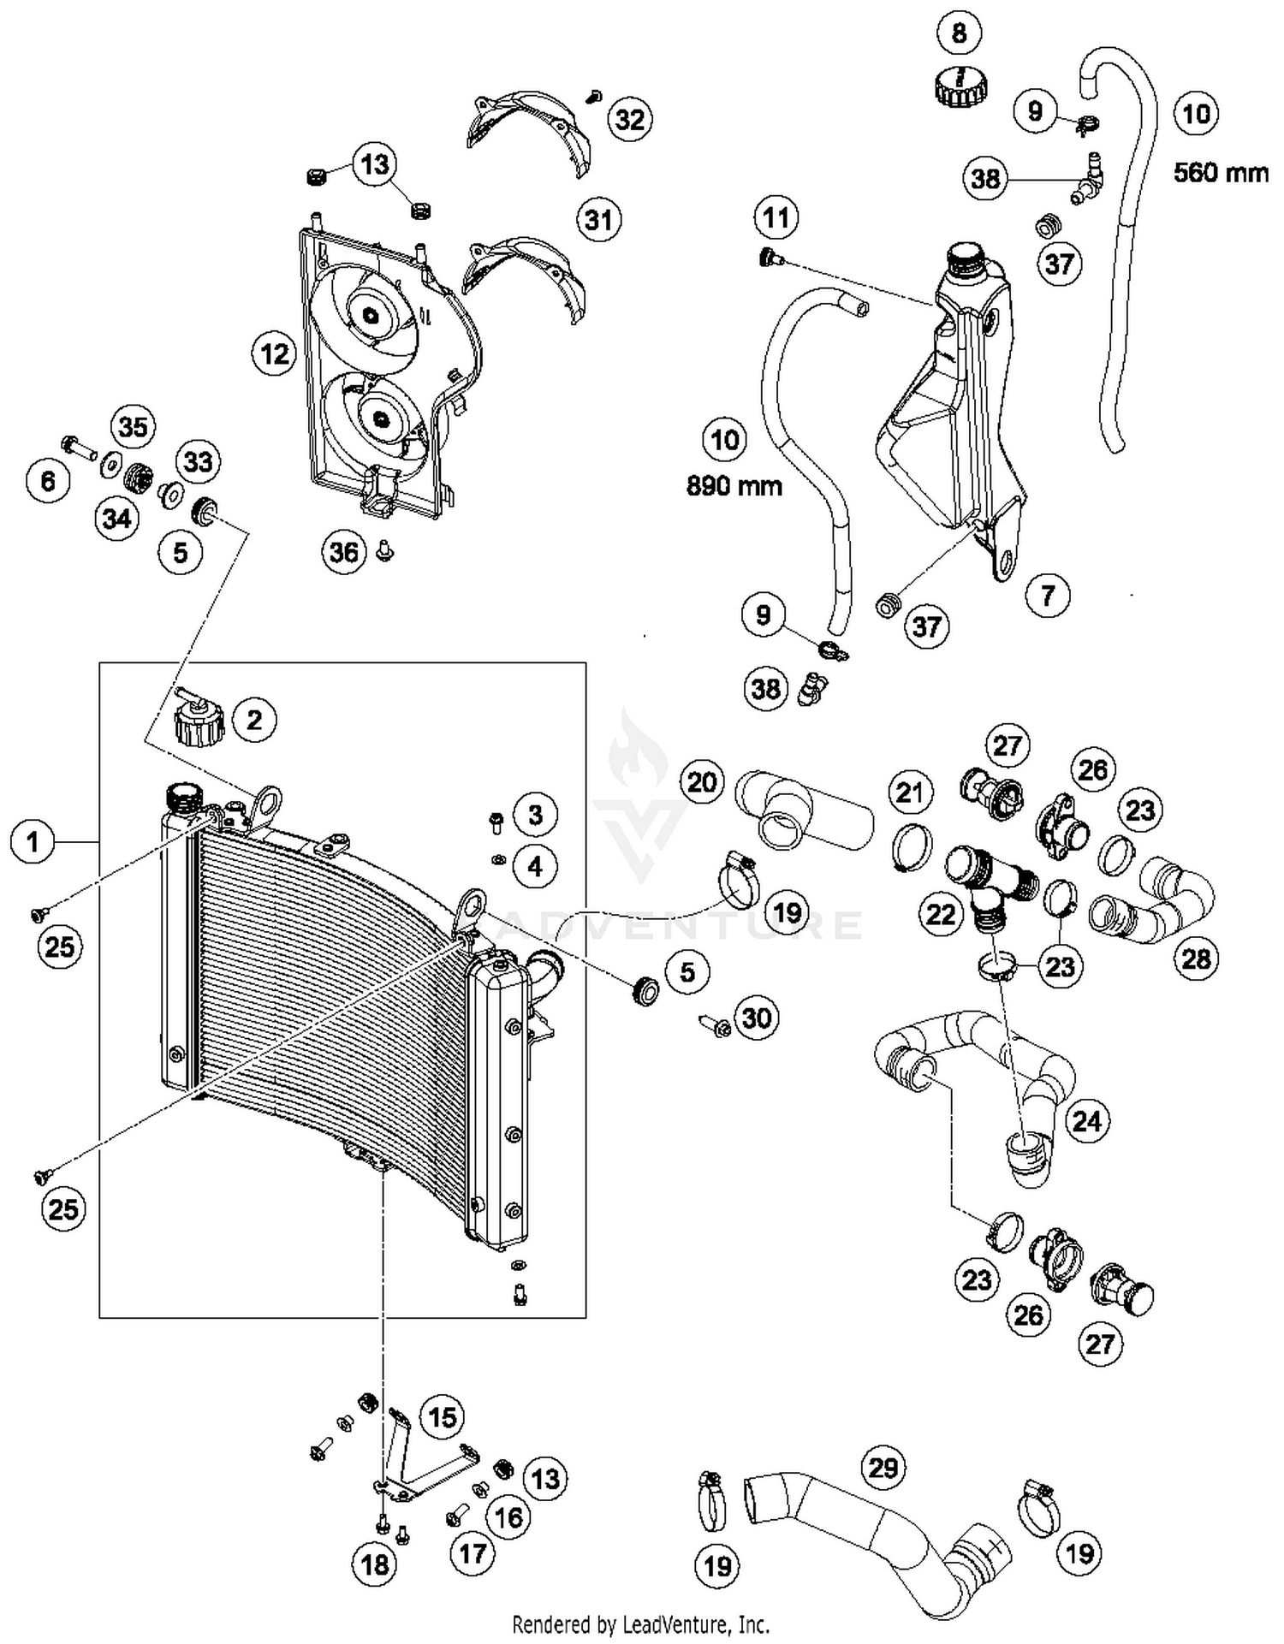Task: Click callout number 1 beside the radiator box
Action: tap(33, 842)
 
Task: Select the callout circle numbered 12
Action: tap(274, 353)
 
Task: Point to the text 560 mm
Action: tap(1221, 173)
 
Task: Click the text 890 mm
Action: tap(734, 486)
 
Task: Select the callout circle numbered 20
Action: tap(702, 781)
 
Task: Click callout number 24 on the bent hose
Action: tap(1086, 1120)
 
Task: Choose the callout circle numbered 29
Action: tap(883, 1468)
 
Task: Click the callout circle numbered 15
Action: tap(442, 1416)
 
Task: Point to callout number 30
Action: tap(757, 1018)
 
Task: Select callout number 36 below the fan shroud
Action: tap(344, 552)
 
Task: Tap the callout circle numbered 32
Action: tap(630, 119)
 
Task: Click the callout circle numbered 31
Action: tap(598, 220)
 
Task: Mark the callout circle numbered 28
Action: tap(1196, 959)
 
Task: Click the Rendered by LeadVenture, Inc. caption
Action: tap(640, 1623)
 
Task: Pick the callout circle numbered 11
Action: tap(776, 217)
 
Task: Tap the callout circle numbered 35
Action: tap(133, 426)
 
